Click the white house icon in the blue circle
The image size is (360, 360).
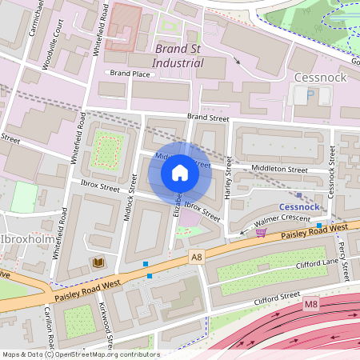point(179,173)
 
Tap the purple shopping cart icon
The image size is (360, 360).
point(262,233)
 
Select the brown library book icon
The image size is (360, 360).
point(98,262)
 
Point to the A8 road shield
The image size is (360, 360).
point(197,257)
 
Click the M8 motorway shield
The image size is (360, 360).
point(310,305)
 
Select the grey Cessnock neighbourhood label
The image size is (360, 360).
point(320,78)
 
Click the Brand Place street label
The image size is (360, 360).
point(130,74)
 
